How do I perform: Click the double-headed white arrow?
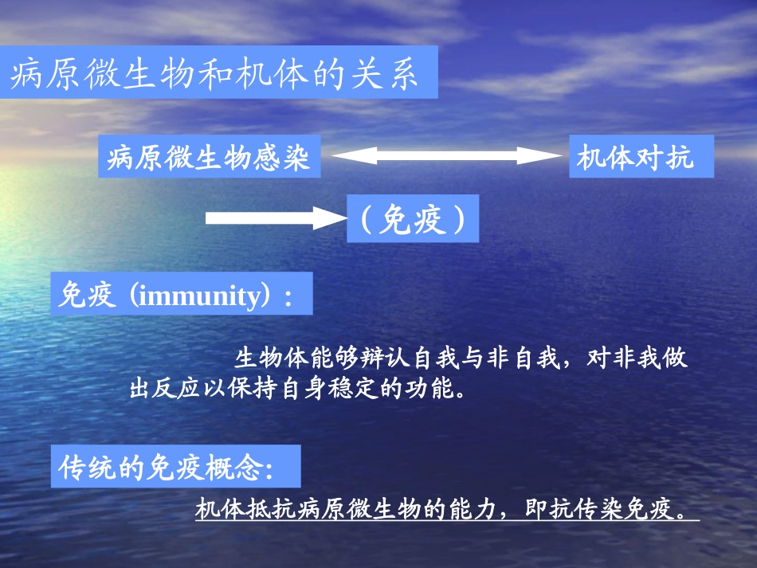446,156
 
